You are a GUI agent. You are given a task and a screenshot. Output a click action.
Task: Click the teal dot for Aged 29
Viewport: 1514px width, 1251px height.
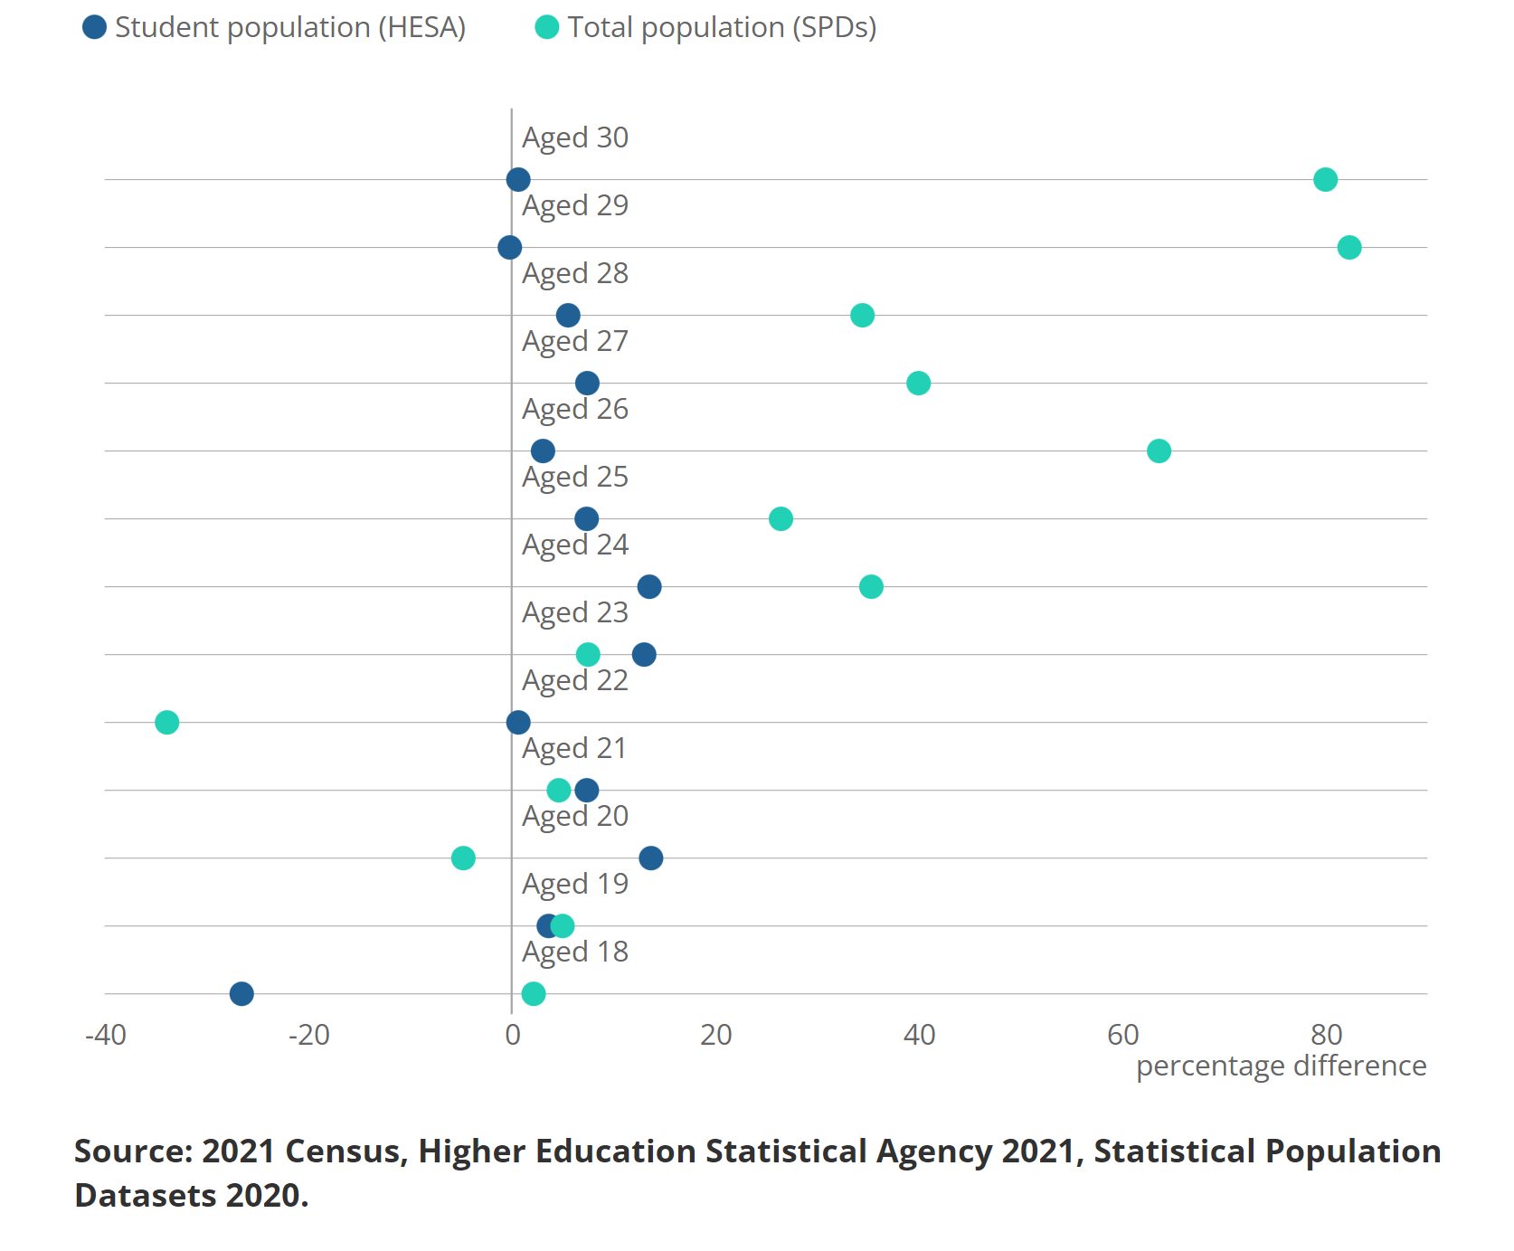coord(1348,247)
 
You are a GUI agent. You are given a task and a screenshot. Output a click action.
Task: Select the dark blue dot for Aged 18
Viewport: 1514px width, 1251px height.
coord(241,993)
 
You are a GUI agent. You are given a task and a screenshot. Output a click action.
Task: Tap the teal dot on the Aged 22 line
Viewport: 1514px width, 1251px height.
coord(166,722)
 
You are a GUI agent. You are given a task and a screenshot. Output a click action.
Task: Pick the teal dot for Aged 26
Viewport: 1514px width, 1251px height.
coord(1159,450)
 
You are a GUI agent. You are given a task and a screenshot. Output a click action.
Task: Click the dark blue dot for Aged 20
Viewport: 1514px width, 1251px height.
coord(650,858)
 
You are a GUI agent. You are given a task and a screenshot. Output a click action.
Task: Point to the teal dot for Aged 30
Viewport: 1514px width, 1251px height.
coord(1325,179)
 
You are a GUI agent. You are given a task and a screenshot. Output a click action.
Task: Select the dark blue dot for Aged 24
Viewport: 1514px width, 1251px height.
coord(649,586)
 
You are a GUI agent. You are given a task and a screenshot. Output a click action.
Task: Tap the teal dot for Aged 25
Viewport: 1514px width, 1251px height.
coord(781,518)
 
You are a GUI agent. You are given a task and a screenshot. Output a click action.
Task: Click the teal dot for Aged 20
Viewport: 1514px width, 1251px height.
coord(463,858)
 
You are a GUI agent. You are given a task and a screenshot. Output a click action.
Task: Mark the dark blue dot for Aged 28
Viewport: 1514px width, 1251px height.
coord(568,315)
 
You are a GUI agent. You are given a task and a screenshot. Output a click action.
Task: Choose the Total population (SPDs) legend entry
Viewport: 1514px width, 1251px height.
coord(706,27)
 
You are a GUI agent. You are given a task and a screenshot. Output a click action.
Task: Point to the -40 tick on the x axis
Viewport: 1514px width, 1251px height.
coord(106,1035)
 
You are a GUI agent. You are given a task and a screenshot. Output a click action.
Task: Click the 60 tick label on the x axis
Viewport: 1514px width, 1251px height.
coord(1122,1035)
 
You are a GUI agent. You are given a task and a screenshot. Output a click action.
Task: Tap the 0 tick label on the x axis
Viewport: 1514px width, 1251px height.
coord(513,1035)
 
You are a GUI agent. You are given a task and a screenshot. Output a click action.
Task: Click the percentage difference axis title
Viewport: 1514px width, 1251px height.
coord(1281,1066)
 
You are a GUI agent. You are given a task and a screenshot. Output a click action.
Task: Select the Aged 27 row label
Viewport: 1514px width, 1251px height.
coord(574,341)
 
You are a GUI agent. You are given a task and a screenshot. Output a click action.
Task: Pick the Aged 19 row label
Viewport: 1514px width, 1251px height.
coord(574,884)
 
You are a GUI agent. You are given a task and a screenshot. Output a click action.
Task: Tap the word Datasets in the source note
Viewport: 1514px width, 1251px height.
coord(146,1196)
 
